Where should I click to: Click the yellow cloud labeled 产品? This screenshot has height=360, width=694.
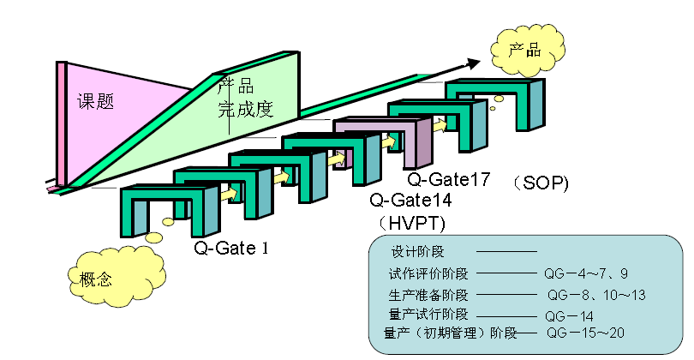(x=528, y=50)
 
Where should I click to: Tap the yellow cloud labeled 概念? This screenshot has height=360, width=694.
(x=117, y=275)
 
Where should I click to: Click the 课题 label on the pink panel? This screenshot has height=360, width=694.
(x=96, y=101)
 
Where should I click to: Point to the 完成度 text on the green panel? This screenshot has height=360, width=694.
(x=246, y=110)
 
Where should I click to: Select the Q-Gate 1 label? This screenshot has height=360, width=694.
(x=231, y=248)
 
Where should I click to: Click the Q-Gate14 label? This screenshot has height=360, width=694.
(x=410, y=201)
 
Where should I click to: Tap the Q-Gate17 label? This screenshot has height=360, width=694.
(x=449, y=179)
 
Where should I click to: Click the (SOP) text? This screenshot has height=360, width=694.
(x=541, y=183)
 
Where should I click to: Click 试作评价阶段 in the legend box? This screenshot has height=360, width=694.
(x=428, y=273)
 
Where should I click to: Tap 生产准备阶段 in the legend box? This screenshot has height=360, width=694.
(x=428, y=295)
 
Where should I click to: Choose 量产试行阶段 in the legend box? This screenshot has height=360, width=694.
(x=428, y=315)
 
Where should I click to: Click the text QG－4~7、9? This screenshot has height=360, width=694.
(x=586, y=273)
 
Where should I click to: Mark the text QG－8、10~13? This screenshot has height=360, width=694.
(x=596, y=295)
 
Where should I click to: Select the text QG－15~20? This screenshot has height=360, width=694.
(x=585, y=333)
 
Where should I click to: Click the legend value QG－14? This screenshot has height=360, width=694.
(x=569, y=316)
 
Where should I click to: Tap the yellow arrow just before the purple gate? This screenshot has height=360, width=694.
(x=338, y=159)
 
